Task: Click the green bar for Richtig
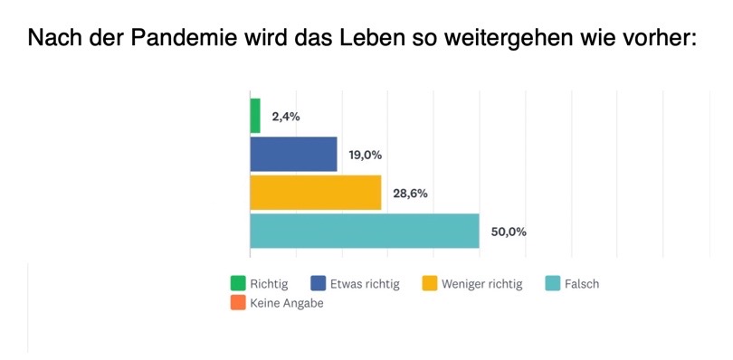point(255,116)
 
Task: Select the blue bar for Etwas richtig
point(293,154)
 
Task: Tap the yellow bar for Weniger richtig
point(315,193)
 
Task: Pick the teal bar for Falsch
point(364,231)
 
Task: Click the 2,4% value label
point(286,117)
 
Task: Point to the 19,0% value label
point(365,155)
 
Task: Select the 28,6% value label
point(409,194)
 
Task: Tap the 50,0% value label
point(507,232)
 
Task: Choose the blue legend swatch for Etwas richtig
point(319,284)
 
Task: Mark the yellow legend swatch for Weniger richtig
point(431,284)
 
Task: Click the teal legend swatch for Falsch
point(553,284)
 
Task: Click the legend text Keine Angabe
point(287,304)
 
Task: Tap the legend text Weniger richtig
point(482,284)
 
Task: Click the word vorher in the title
point(661,40)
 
